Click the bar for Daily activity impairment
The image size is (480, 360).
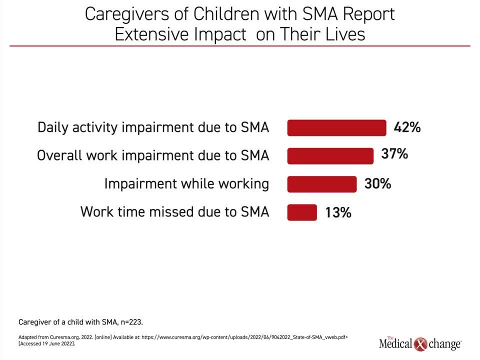tap(336, 127)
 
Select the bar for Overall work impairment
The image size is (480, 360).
tap(330, 156)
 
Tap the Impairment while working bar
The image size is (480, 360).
tap(322, 184)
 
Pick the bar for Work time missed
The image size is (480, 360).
tap(302, 212)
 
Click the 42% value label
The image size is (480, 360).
tap(407, 127)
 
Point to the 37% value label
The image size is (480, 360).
tap(394, 153)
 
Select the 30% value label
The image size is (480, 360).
tap(378, 183)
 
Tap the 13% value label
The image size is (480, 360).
tap(338, 212)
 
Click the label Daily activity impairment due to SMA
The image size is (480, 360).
tap(153, 127)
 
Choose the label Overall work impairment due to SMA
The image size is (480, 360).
tap(153, 155)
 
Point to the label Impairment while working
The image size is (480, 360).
tap(186, 183)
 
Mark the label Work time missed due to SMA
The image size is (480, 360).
tap(175, 212)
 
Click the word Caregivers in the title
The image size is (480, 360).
tap(127, 14)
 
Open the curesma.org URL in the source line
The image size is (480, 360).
tap(244, 337)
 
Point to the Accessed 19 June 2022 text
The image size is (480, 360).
tap(47, 344)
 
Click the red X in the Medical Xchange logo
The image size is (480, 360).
tap(420, 344)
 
